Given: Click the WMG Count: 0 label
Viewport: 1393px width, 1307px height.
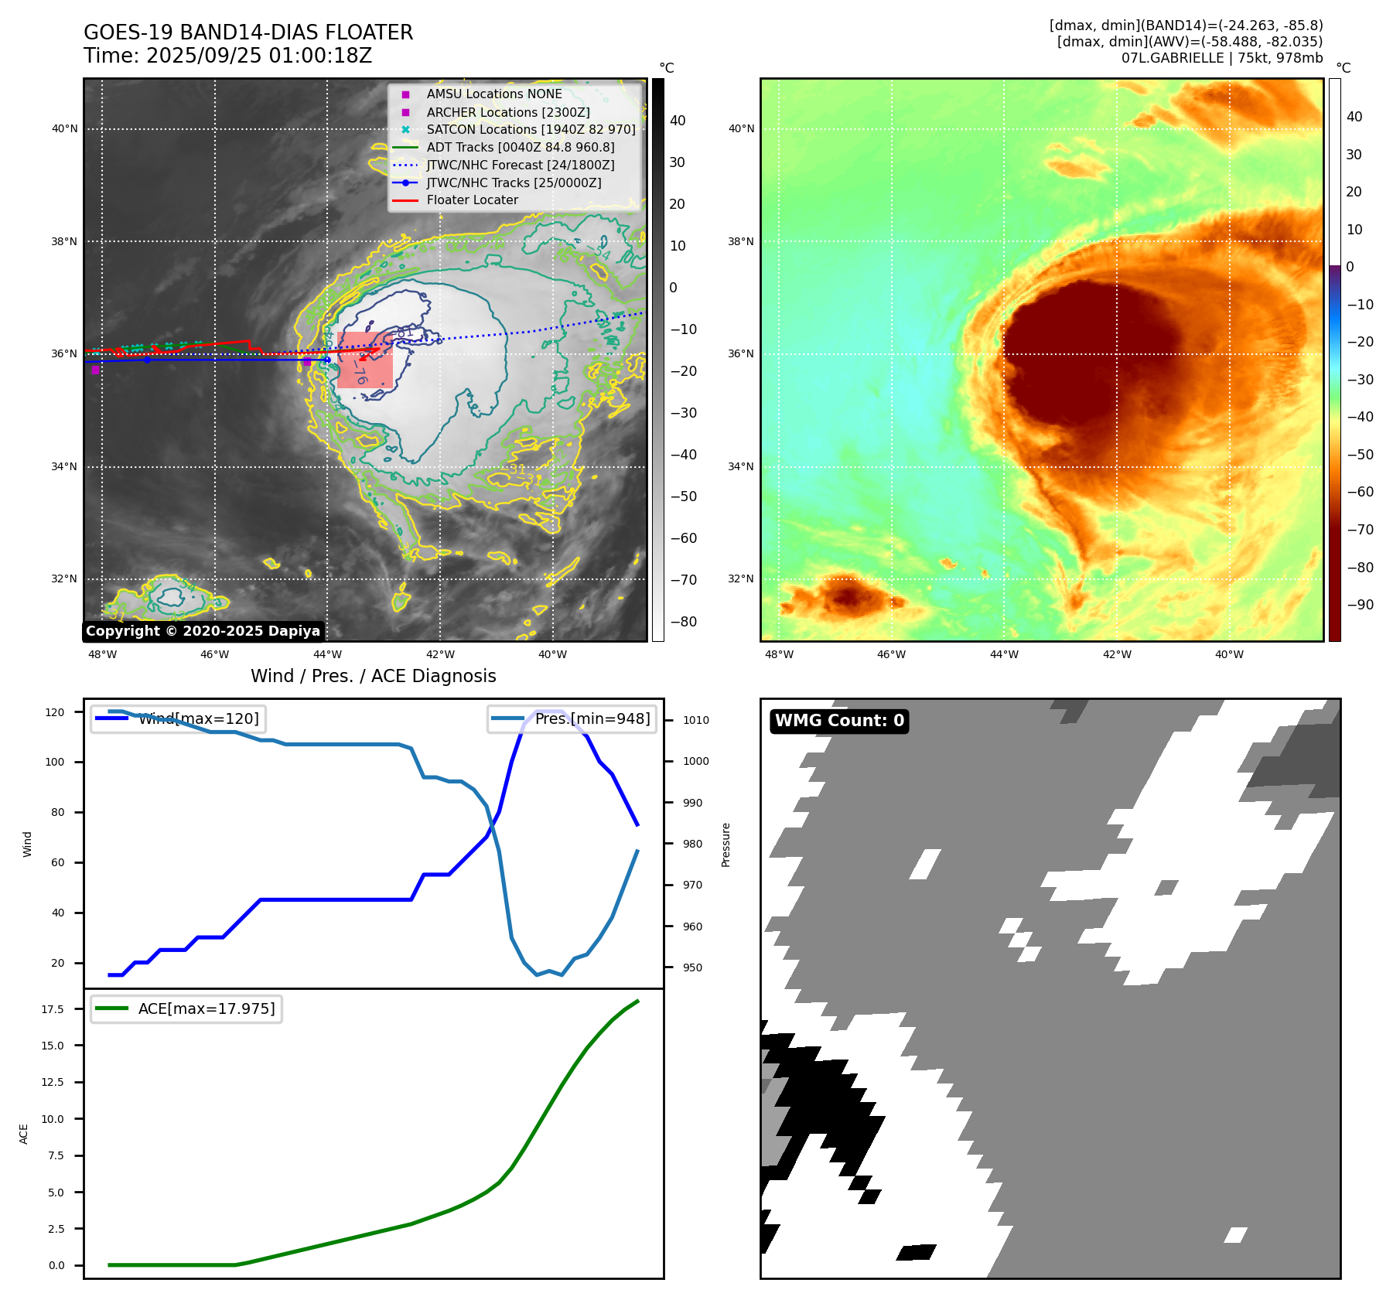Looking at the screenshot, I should point(839,721).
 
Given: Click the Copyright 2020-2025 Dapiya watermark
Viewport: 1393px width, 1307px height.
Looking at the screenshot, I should point(203,631).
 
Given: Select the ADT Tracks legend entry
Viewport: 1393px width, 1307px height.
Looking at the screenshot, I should point(520,147).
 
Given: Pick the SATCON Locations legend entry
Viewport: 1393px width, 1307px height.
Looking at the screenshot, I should point(531,129).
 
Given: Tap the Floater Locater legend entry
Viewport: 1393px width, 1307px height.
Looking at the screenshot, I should point(472,200).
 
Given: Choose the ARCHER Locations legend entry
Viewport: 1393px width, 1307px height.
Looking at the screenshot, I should point(507,112).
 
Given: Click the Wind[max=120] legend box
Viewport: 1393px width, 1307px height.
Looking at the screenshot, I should point(177,718).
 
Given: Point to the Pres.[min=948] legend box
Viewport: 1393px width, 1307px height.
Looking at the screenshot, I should point(572,718).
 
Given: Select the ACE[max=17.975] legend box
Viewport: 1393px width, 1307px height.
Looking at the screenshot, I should point(186,1008).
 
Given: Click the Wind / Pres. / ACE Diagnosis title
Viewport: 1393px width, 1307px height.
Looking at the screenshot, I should point(373,676).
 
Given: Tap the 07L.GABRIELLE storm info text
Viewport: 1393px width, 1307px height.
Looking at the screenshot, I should point(1221,58).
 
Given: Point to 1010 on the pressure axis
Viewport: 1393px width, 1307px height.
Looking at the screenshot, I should point(695,720).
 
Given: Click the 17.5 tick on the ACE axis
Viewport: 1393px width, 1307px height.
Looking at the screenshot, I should point(53,1009).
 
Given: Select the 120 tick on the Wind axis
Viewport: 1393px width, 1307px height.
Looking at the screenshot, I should point(55,712).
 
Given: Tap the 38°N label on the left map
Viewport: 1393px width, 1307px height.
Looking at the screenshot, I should point(64,241).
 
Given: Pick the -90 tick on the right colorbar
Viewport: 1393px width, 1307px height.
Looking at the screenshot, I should point(1360,605).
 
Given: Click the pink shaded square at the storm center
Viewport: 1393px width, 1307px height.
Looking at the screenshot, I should point(365,360).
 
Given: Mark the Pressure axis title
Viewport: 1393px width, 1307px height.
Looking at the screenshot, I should point(726,845).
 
